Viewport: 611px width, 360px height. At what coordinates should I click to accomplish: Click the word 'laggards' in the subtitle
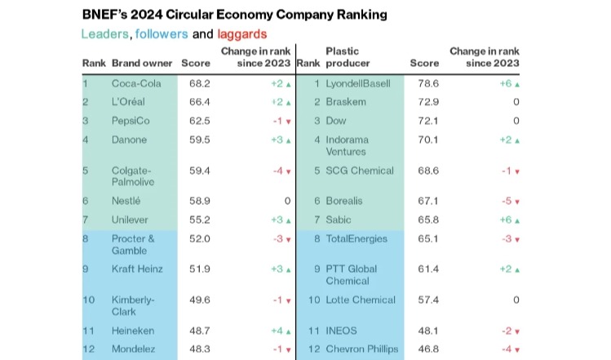[241, 34]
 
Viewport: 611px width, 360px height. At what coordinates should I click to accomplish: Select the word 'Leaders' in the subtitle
[104, 34]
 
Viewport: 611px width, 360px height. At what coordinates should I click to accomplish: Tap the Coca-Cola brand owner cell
[135, 83]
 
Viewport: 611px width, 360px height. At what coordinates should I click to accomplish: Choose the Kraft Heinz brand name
[137, 269]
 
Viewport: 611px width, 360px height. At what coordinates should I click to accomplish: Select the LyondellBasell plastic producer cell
[358, 83]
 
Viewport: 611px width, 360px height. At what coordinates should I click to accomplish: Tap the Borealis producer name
[344, 201]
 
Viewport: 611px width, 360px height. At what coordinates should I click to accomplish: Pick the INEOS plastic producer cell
[341, 330]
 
